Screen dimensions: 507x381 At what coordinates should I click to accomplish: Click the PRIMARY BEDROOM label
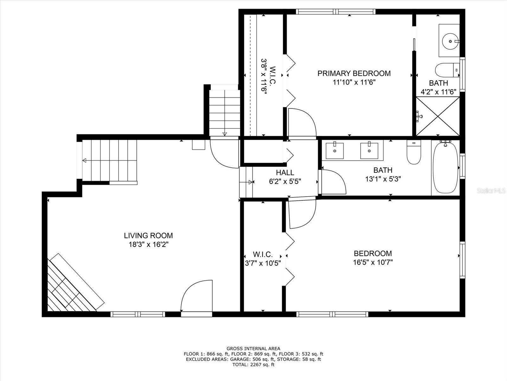[x=354, y=73]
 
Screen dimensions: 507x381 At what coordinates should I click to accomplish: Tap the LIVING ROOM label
[x=148, y=236]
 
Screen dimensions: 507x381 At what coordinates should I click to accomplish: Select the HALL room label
[x=285, y=173]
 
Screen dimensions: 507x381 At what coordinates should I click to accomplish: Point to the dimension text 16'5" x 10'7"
[x=373, y=262]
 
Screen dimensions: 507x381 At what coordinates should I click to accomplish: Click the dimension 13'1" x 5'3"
[x=383, y=179]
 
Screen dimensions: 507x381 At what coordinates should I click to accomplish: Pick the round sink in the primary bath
[x=450, y=41]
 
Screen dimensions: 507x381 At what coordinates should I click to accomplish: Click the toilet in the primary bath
[x=447, y=70]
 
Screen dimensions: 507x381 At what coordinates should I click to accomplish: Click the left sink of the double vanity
[x=334, y=151]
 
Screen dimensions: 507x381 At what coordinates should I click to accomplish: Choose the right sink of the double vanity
[x=369, y=151]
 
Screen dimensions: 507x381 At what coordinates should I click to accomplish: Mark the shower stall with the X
[x=438, y=116]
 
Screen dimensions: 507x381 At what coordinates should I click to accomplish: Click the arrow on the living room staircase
[x=110, y=160]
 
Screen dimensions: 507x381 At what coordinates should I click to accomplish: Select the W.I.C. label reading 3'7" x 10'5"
[x=263, y=259]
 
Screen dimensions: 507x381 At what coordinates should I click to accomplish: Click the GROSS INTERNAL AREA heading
[x=253, y=349]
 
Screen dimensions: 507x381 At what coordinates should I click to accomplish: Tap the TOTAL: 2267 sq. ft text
[x=253, y=365]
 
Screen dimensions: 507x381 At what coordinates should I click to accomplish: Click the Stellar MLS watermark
[x=491, y=190]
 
